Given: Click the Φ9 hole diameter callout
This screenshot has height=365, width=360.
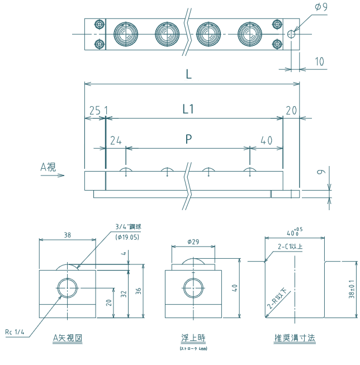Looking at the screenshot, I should (x=321, y=7).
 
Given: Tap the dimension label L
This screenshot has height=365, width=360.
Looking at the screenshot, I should (x=189, y=74).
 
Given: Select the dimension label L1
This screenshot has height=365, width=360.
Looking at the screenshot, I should (x=189, y=110).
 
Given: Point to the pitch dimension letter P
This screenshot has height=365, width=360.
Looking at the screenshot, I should (x=189, y=140).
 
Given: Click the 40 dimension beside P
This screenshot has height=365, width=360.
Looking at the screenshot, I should (x=267, y=140).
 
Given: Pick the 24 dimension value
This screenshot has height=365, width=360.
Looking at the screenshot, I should (x=116, y=140).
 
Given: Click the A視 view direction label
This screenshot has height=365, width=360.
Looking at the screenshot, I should (x=48, y=166).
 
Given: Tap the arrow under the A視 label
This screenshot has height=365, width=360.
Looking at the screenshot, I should (x=54, y=176).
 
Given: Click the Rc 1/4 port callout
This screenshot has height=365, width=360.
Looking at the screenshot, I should (x=15, y=333).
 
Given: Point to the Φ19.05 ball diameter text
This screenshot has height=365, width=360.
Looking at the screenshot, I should (x=127, y=237).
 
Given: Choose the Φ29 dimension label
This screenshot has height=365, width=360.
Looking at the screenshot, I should (x=193, y=242).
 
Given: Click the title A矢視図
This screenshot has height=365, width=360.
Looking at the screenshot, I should (x=68, y=338).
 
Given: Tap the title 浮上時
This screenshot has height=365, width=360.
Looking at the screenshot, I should (x=193, y=338).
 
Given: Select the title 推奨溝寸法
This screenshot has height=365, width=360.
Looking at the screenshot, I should (x=295, y=338).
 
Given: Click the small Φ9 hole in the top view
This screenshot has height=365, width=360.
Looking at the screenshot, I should (x=291, y=34).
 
